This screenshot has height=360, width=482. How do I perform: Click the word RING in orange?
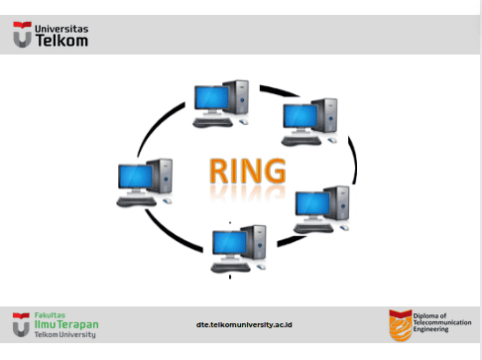[x=248, y=171]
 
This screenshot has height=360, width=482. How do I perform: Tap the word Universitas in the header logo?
[x=61, y=29]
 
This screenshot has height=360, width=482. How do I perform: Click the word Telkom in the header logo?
[x=61, y=41]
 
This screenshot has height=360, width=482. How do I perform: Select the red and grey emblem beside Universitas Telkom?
[x=22, y=35]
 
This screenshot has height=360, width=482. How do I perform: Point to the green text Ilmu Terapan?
[x=66, y=324]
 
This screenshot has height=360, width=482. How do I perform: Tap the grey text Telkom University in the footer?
[x=65, y=334]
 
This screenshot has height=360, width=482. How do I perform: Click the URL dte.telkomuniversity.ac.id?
[x=244, y=324]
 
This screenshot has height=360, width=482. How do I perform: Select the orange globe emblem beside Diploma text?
[x=401, y=325]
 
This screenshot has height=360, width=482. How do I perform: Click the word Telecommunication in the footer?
[x=442, y=322]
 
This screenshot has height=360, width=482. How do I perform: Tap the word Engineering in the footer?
[x=430, y=329]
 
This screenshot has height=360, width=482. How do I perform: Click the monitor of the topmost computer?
[x=211, y=98]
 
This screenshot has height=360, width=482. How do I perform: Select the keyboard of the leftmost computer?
[x=136, y=201]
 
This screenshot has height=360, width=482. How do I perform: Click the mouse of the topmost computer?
[x=243, y=122]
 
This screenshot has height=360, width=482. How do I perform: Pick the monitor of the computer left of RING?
[x=135, y=178]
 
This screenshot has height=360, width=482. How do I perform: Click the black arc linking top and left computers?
[x=158, y=126]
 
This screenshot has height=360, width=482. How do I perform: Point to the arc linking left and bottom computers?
[x=171, y=234]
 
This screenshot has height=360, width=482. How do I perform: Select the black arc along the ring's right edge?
[x=353, y=160]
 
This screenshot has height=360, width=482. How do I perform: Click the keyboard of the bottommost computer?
[x=231, y=267]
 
